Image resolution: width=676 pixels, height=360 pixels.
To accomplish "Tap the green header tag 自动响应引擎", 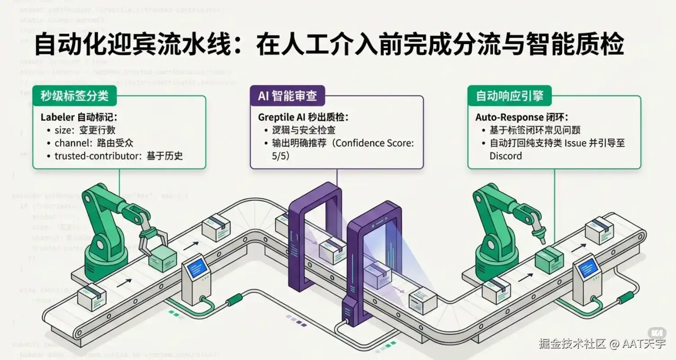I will [x=510, y=95].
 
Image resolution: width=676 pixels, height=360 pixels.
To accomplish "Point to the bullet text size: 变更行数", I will [x=85, y=130].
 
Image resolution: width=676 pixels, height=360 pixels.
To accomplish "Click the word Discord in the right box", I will [x=506, y=156].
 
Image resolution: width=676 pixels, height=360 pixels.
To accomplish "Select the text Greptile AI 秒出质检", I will [x=303, y=117].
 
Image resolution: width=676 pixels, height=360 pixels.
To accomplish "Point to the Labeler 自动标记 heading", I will [x=79, y=117].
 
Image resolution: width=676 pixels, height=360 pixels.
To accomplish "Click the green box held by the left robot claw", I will [x=162, y=259].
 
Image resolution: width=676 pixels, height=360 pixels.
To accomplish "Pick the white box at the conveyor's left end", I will [x=92, y=297].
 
